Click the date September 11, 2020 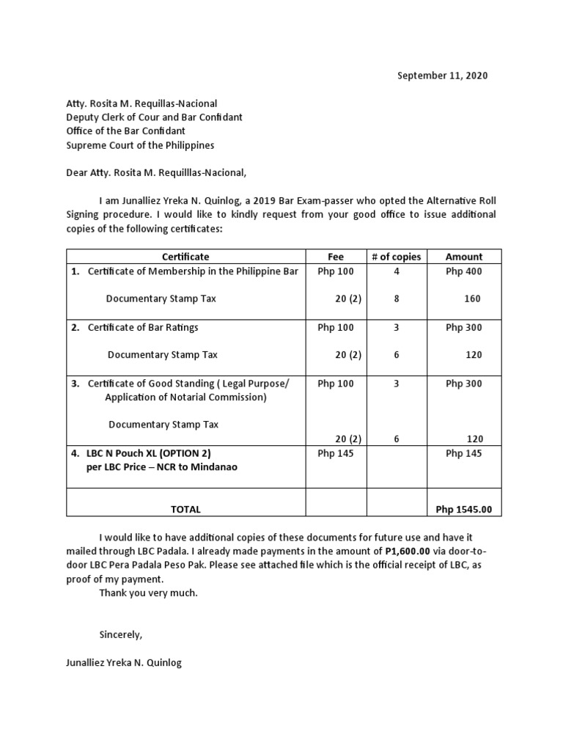442,76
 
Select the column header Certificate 185,257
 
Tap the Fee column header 335,257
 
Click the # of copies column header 397,257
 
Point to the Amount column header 464,257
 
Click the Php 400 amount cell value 464,271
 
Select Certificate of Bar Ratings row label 143,327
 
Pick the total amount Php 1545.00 464,509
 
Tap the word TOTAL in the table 185,509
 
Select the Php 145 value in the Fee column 335,453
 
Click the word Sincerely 120,634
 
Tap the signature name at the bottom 124,663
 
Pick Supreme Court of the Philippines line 140,145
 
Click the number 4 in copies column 397,271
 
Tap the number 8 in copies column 397,298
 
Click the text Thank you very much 148,593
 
